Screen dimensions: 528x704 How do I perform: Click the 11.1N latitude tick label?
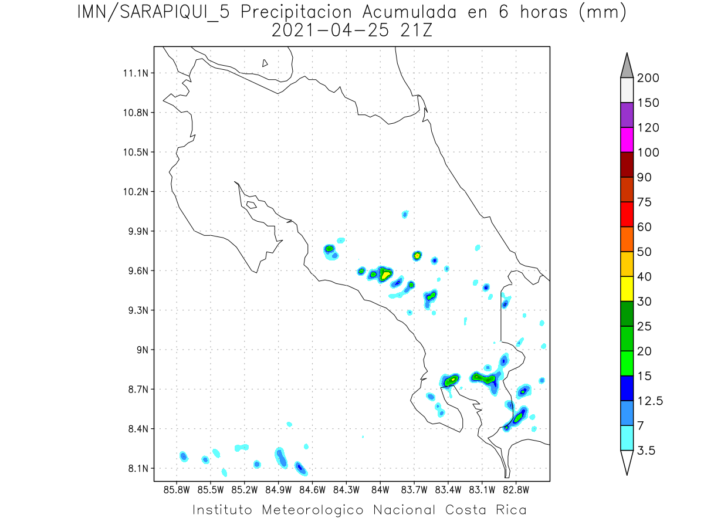[x=134, y=73]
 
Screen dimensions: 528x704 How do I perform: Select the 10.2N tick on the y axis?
[x=134, y=192]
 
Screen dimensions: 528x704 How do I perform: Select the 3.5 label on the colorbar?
[x=647, y=451]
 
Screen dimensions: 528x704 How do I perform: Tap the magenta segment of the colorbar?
[x=627, y=140]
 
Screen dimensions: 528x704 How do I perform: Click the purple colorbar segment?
[x=627, y=115]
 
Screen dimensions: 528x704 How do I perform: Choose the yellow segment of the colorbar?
[x=627, y=288]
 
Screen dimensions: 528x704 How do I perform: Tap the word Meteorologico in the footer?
[x=317, y=510]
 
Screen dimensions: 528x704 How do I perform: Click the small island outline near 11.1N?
[x=265, y=63]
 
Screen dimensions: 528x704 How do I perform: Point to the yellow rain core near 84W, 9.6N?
[x=385, y=273]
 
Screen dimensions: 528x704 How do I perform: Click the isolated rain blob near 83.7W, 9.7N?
[x=417, y=255]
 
